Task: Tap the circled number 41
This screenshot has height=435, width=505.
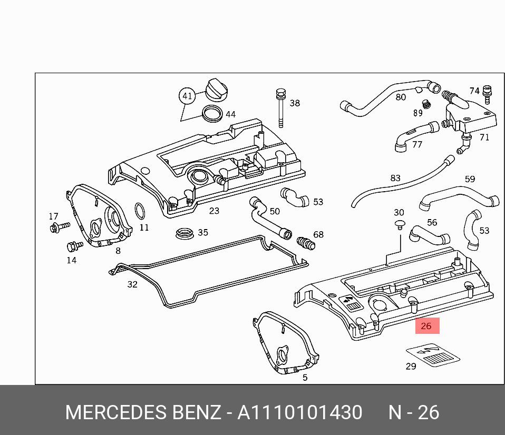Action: point(187,96)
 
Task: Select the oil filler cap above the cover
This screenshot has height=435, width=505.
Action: point(216,90)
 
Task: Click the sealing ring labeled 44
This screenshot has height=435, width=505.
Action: point(212,114)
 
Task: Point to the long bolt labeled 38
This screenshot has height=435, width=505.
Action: point(280,108)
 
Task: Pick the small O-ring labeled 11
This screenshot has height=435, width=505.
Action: point(140,211)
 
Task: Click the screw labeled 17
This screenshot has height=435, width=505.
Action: point(60,226)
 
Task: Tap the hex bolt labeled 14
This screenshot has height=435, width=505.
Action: point(74,246)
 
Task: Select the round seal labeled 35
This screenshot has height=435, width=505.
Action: point(184,233)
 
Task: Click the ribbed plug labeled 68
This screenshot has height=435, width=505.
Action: point(306,243)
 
